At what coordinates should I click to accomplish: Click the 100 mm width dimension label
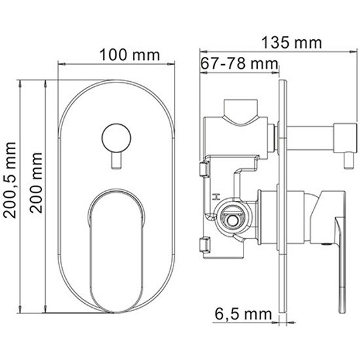[130, 55]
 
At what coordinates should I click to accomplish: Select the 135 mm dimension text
[291, 43]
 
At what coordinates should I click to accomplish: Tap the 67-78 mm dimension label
[239, 63]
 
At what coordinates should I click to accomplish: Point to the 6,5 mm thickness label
[243, 314]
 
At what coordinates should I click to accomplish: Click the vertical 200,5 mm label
[10, 180]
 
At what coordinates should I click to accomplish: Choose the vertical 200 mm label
[36, 183]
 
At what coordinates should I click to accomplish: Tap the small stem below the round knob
[117, 161]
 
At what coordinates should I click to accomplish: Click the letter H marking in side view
[216, 197]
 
